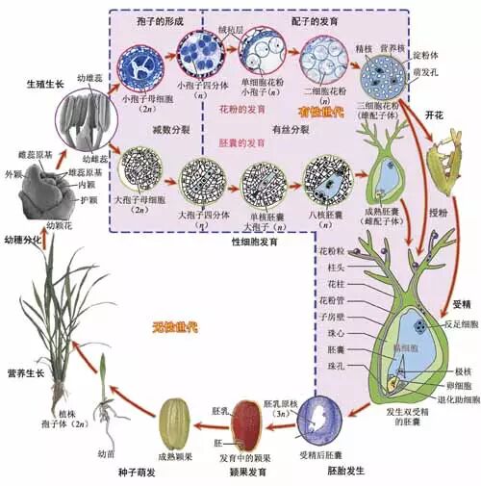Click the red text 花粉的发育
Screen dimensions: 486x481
point(242,111)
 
